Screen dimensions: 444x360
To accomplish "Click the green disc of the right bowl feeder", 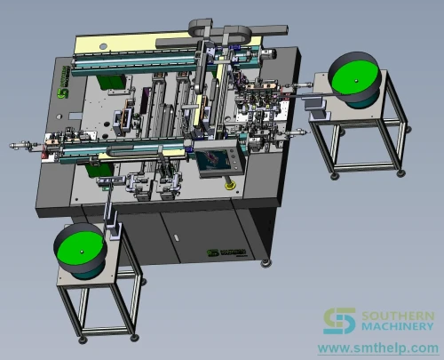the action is click(x=354, y=78).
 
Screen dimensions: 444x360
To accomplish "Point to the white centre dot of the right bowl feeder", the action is click(x=356, y=81).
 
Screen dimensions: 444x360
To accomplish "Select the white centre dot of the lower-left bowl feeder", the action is click(x=82, y=252).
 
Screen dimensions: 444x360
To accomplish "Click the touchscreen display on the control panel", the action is click(x=212, y=161).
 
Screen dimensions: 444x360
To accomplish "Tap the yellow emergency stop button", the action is click(x=230, y=186).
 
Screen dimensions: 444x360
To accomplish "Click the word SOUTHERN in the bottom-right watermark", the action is click(x=398, y=316).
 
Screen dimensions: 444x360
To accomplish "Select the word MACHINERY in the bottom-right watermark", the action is click(x=398, y=326).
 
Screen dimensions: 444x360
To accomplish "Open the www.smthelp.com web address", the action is click(x=378, y=348).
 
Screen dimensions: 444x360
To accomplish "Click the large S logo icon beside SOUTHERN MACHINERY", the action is click(x=339, y=321).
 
